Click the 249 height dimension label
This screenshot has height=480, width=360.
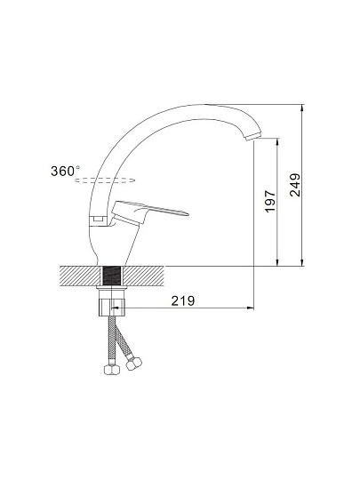(295, 185)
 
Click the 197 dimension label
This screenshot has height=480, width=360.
(270, 201)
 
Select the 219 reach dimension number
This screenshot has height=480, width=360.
(183, 301)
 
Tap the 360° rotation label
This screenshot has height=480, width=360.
(65, 171)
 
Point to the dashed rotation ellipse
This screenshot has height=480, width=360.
(105, 180)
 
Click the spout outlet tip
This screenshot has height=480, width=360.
(253, 137)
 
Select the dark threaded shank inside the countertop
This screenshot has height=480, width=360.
(111, 276)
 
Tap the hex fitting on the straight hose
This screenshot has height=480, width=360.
(111, 370)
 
